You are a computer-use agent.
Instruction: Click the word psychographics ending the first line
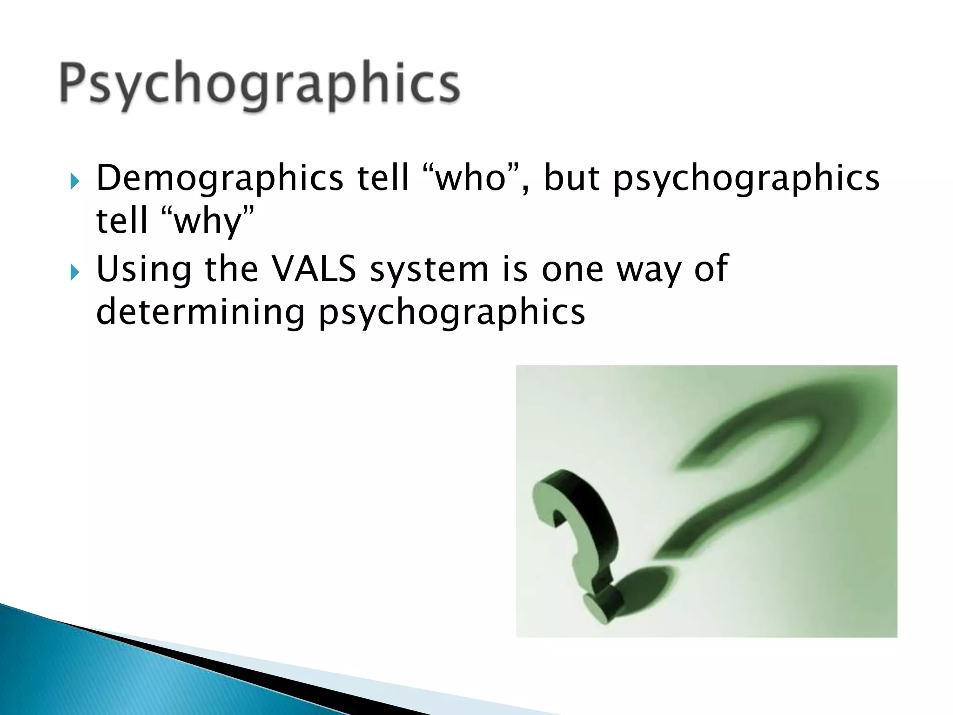(x=746, y=179)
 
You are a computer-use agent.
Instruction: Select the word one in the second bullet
(x=572, y=270)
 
